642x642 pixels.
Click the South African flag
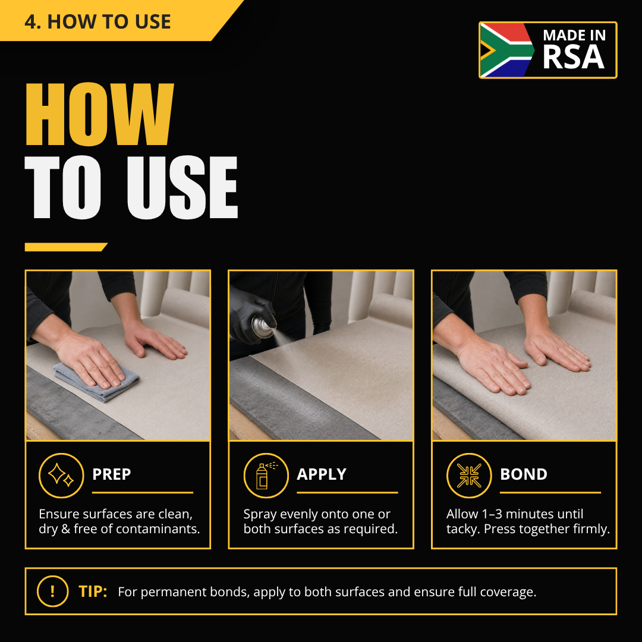[x=507, y=50]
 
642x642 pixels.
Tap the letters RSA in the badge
[x=573, y=56]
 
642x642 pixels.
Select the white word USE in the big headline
[x=182, y=187]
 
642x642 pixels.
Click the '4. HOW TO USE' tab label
[x=97, y=21]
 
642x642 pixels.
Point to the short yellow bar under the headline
[x=66, y=247]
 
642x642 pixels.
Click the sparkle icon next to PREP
[x=61, y=476]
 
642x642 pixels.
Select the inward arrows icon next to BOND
[x=469, y=476]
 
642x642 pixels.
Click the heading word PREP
[x=111, y=474]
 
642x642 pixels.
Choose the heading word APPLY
[x=322, y=474]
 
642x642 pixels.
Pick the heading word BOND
[x=524, y=474]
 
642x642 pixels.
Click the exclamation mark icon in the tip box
[x=52, y=591]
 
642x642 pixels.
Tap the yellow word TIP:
[x=93, y=591]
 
